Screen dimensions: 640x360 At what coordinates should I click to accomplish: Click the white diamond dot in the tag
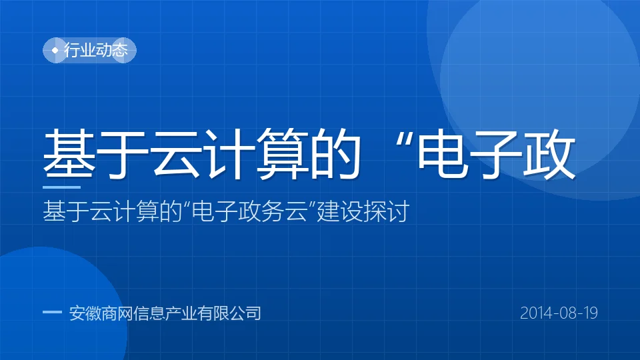tap(55, 50)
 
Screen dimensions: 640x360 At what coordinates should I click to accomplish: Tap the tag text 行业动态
tap(96, 50)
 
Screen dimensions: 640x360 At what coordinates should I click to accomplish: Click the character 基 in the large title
tap(69, 154)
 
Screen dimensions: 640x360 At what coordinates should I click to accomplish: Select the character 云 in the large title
tap(175, 154)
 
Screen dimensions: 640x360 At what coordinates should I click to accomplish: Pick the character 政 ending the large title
tap(549, 154)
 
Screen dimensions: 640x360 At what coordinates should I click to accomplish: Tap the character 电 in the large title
tap(443, 154)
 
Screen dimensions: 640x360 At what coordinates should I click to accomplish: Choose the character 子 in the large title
tap(495, 154)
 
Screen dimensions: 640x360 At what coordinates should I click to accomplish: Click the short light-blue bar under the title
tap(61, 187)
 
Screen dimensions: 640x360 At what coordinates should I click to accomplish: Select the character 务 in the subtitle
tap(273, 211)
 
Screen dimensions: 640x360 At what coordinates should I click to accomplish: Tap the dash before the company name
tap(52, 312)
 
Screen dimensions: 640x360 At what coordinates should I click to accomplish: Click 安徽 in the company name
tap(85, 313)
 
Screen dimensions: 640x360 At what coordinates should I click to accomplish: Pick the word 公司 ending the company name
tap(245, 313)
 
